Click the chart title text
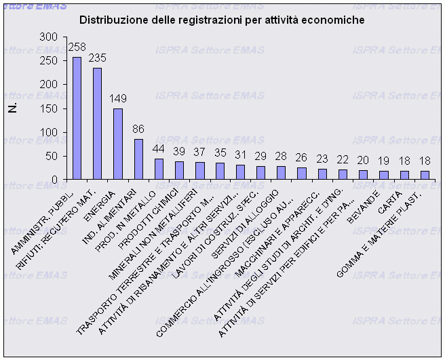coord(222,20)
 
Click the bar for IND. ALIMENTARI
coord(138,159)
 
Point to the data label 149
coord(118,100)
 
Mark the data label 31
coord(240,156)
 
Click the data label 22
coord(342,160)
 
